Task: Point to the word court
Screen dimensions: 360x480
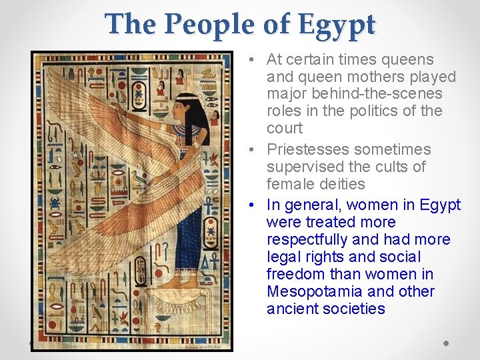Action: [x=285, y=128]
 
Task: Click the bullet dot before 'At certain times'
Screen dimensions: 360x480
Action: [x=248, y=60]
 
